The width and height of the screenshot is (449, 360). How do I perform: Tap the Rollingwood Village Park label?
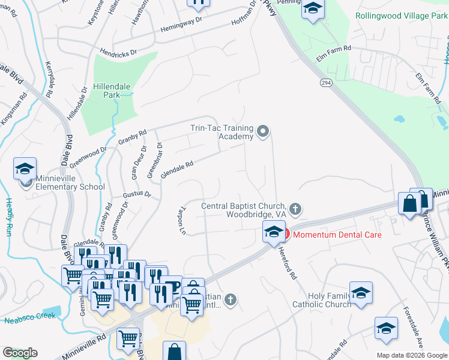402,16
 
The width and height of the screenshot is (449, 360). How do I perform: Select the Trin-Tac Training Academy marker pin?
262,131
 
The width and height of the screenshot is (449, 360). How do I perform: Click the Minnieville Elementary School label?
70,182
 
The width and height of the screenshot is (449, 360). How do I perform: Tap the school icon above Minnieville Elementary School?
25,170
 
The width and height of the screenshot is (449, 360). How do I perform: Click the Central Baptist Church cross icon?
295,209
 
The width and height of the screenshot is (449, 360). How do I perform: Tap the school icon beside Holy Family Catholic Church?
361,293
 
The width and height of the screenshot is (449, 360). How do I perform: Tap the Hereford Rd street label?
289,265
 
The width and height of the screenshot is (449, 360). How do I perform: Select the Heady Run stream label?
8,217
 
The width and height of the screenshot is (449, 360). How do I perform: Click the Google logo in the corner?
20,353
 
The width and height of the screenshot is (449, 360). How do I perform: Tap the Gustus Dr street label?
137,194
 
